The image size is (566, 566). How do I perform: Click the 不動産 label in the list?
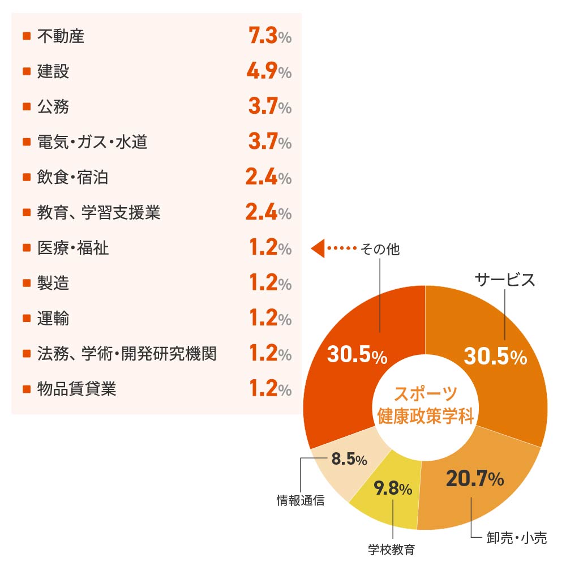[61, 37]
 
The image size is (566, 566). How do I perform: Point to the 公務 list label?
[53, 107]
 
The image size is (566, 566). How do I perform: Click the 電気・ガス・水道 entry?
[92, 142]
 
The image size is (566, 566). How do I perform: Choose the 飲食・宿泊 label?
[72, 178]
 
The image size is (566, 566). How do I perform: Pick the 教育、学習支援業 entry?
[99, 213]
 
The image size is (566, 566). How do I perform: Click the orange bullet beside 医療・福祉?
[26, 248]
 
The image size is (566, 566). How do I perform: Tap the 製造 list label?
[53, 283]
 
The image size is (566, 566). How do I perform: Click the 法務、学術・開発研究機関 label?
[127, 354]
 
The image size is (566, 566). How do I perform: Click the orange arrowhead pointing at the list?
[318, 248]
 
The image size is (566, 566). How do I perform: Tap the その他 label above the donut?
[380, 249]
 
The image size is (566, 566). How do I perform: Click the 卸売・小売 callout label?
[517, 538]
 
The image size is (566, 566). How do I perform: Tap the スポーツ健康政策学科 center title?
[425, 405]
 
